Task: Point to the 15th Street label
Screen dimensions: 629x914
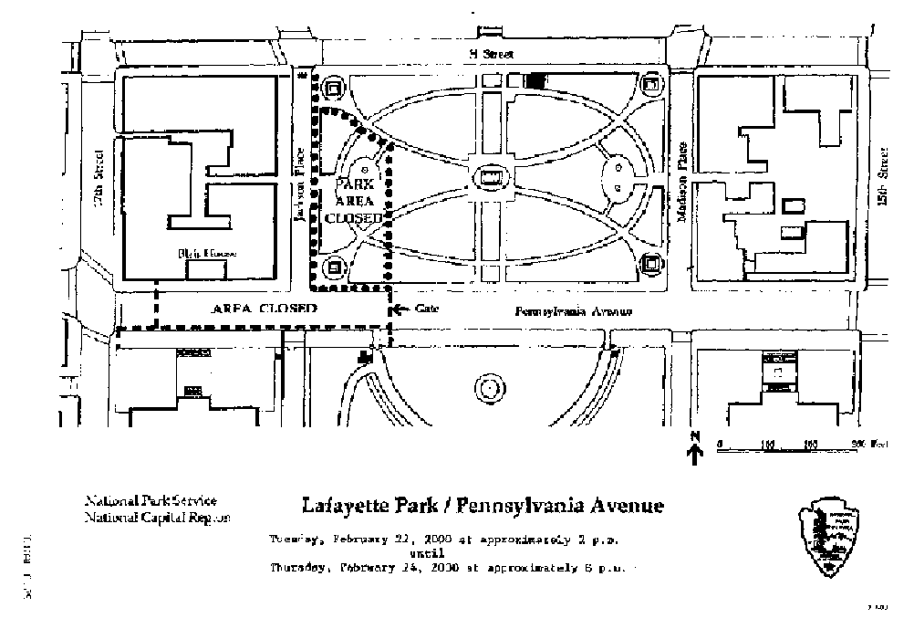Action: [x=882, y=178]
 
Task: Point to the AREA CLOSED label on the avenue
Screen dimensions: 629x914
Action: [x=264, y=309]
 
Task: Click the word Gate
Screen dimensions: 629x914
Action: [x=428, y=309]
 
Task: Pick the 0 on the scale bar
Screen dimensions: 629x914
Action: [x=719, y=444]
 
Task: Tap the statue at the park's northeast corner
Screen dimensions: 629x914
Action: [x=650, y=85]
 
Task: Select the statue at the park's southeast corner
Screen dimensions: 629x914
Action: [x=650, y=264]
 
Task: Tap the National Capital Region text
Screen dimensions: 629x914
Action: [x=158, y=517]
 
